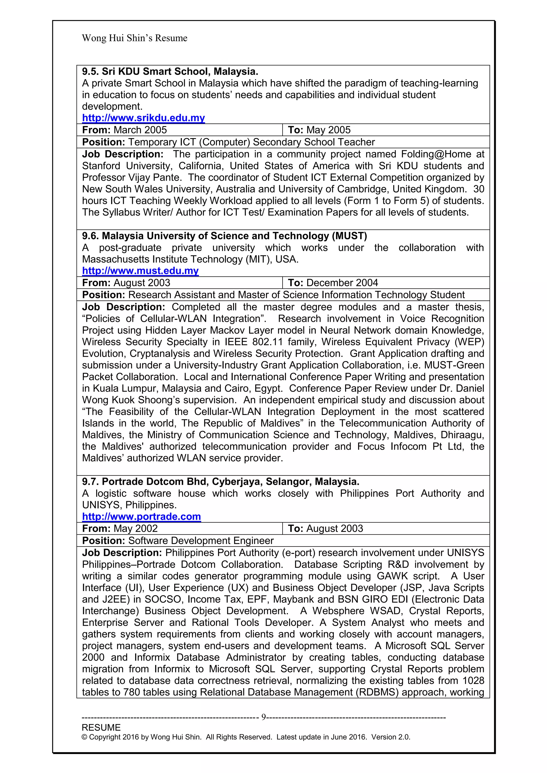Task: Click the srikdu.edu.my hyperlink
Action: click(x=143, y=118)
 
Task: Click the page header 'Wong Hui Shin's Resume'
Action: click(x=134, y=38)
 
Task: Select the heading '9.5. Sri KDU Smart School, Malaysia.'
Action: click(x=170, y=71)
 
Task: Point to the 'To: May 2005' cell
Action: click(x=319, y=130)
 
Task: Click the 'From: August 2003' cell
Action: click(x=126, y=283)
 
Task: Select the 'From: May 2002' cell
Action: click(x=120, y=528)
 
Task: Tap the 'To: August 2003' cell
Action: click(x=325, y=528)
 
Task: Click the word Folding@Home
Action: click(x=436, y=154)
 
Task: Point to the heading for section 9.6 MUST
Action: click(x=224, y=236)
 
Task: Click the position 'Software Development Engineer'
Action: click(x=201, y=540)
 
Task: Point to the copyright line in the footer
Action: click(x=246, y=737)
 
